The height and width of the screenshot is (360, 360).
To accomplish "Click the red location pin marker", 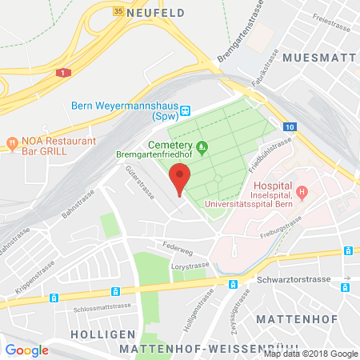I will coord(181,177).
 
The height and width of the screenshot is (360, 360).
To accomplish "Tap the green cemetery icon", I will coord(202,146).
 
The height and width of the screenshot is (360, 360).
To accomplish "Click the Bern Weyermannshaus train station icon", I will coord(185,111).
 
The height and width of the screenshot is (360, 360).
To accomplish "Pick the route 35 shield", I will coord(118,11).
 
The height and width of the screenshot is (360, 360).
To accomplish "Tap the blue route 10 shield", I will coord(289,126).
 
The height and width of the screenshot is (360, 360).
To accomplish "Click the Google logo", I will coord(27,350).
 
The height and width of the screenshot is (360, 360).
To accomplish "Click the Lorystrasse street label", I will coord(190,263).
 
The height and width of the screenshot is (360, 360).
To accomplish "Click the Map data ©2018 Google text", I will coord(310,354).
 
